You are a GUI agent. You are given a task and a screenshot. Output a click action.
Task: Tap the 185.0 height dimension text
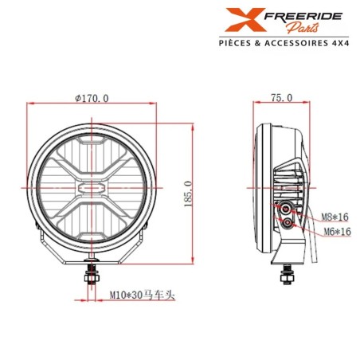187,192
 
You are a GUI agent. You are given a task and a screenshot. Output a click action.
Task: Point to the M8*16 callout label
335,217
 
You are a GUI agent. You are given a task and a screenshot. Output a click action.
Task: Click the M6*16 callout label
335,231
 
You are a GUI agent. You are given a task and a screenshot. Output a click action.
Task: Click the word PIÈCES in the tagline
239,46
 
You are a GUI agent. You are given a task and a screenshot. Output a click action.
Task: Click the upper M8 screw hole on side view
284,209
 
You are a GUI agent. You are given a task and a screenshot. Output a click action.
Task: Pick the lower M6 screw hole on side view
286,227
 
